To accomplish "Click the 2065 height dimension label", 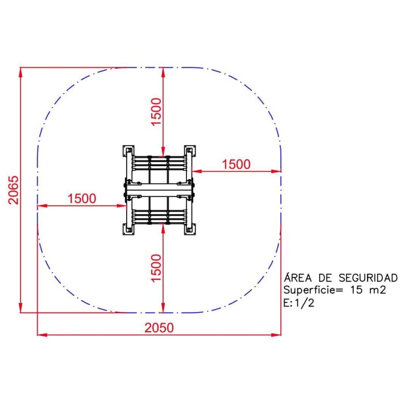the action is tap(14, 190).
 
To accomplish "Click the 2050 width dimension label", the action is tap(159, 328).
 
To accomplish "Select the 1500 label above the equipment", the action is tap(156, 112).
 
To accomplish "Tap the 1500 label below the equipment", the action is tap(156, 268).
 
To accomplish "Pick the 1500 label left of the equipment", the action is tap(82, 198).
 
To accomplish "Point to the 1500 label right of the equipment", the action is tap(236, 164).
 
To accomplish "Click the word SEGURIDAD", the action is tap(368, 278).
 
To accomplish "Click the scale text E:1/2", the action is tap(298, 304).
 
